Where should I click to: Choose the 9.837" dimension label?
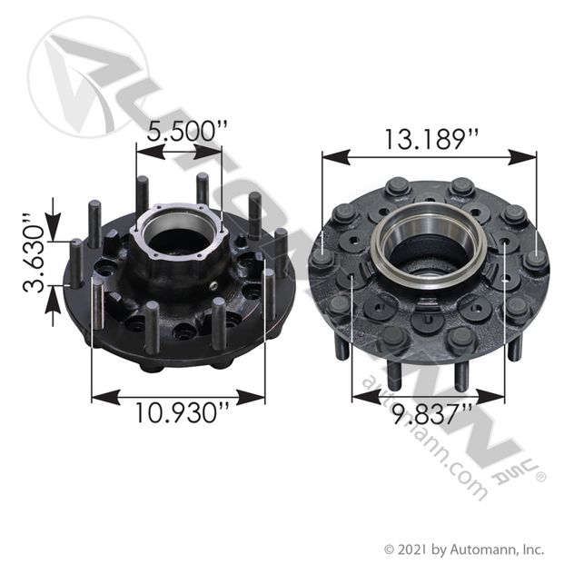coord(427,414)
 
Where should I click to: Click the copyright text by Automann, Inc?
coord(463,549)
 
